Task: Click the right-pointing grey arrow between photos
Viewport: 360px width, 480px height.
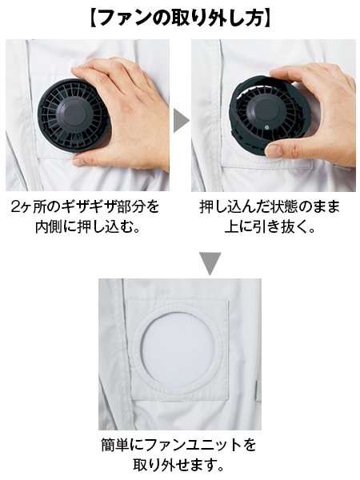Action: pos(181,119)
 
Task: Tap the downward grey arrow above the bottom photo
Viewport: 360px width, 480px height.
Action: pos(210,262)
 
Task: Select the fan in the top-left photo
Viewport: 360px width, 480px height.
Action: pos(73,120)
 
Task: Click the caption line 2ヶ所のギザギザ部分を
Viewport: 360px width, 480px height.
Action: pos(86,206)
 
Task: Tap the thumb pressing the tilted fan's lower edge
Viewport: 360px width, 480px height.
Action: pos(284,148)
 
